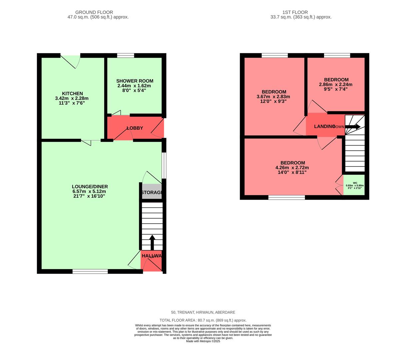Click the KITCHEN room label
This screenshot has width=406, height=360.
[x=72, y=93]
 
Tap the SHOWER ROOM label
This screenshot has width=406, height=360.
[x=135, y=81]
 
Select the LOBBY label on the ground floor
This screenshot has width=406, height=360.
[x=135, y=128]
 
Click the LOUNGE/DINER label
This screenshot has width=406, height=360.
[x=90, y=187]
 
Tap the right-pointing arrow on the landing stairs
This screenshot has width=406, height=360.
[x=353, y=127]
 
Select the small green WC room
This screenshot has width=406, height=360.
[x=354, y=185]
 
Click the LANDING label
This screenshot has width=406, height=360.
[x=324, y=126]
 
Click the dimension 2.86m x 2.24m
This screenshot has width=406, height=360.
[x=336, y=84]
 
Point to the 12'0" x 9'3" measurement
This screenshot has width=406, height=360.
[x=273, y=101]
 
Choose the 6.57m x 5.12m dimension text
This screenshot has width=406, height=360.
[x=89, y=191]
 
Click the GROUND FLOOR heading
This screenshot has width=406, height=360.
[x=94, y=12]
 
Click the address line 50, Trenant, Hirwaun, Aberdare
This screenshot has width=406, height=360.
[x=203, y=312]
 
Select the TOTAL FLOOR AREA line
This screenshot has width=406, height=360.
[x=203, y=320]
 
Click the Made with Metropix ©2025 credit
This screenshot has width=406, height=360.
[x=203, y=341]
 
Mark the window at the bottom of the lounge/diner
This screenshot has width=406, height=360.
[x=90, y=272]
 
